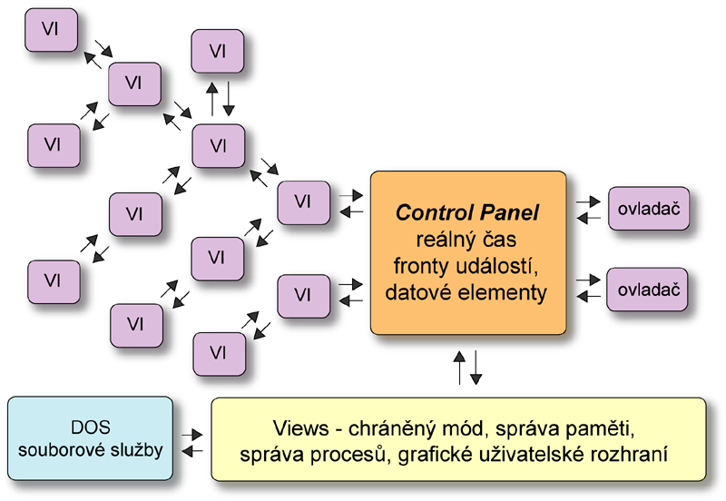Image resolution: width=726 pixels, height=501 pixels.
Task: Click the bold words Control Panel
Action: (x=467, y=214)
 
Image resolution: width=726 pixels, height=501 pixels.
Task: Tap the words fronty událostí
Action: (x=467, y=266)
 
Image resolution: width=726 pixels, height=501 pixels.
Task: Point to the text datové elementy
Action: (x=467, y=292)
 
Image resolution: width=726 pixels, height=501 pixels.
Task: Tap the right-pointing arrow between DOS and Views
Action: (x=191, y=436)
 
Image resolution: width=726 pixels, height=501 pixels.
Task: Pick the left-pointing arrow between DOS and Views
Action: (x=191, y=450)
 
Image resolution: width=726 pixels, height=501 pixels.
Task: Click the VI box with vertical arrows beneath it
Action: (x=218, y=52)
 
